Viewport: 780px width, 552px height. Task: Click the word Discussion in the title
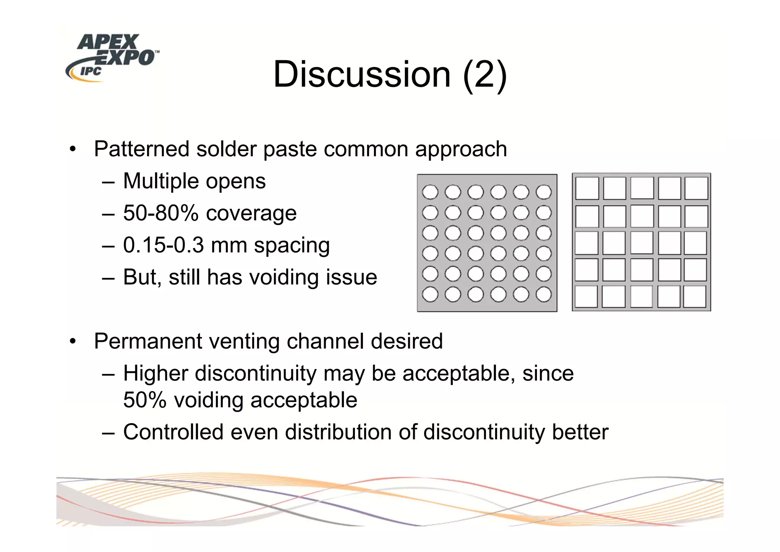pos(362,74)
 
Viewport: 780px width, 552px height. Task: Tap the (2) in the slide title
pos(484,74)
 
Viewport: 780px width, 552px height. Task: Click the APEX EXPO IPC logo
pos(112,57)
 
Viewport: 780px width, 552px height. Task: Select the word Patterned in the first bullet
pos(141,149)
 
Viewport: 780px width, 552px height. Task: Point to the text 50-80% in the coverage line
pos(160,213)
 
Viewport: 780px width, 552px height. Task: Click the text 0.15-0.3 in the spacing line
pos(163,245)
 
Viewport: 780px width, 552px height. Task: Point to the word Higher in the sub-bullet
pos(156,373)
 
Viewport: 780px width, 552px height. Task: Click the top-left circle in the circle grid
pos(430,192)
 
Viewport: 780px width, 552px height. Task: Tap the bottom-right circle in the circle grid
pos(543,294)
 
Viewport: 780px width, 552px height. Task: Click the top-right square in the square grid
pos(697,188)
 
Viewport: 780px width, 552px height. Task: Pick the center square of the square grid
pos(642,243)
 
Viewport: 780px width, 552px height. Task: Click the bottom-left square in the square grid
pos(586,297)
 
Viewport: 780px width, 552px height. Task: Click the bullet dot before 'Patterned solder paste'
pos(73,149)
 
